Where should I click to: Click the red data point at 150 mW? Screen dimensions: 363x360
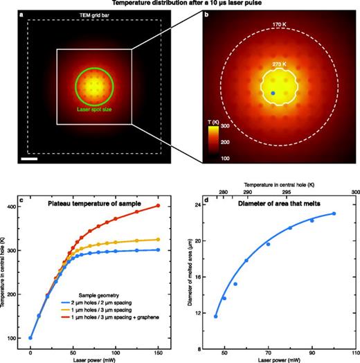(x=159, y=206)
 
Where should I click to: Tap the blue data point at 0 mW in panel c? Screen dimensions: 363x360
(x=30, y=338)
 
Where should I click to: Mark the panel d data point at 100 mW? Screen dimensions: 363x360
(x=334, y=213)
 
